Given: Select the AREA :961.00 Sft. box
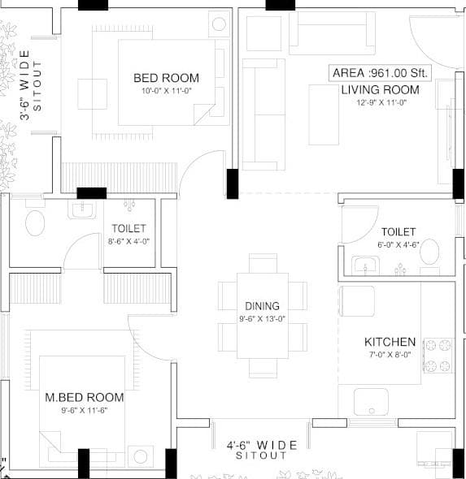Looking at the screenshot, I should (380, 72).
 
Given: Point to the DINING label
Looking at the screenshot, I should (262, 306).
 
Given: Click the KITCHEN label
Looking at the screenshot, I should (390, 343).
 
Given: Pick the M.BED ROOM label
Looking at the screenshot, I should (85, 398).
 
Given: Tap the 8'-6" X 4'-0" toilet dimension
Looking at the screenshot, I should (129, 241).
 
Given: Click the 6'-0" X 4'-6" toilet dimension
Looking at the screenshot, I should (398, 244).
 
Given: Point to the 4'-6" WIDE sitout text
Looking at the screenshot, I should (262, 445).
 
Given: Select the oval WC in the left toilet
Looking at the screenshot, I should (35, 222).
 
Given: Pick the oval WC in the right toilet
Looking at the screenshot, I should (429, 251).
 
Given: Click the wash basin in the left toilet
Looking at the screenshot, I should (82, 210).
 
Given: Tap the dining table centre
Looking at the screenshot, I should (262, 314).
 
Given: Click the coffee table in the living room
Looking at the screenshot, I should (324, 114).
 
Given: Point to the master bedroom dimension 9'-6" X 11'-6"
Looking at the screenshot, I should (85, 410).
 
